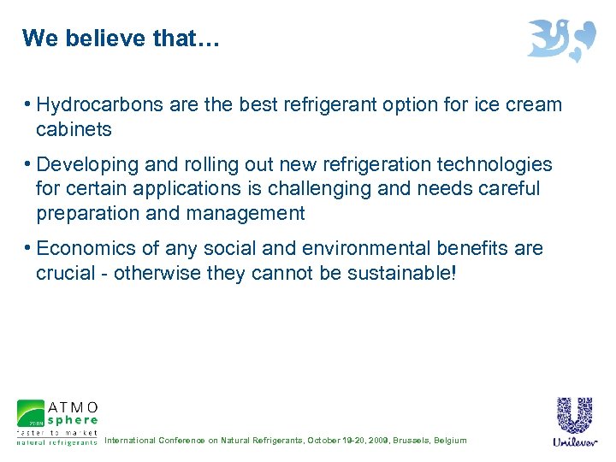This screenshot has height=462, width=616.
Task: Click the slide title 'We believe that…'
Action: [x=121, y=38]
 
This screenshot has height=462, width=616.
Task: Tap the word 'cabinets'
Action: [x=74, y=129]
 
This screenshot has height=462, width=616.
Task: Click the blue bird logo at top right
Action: [x=560, y=39]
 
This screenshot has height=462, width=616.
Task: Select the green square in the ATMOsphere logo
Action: [x=30, y=413]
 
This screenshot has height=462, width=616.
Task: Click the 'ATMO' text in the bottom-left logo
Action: [x=73, y=406]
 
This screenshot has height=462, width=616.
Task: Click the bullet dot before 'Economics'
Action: [x=28, y=248]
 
